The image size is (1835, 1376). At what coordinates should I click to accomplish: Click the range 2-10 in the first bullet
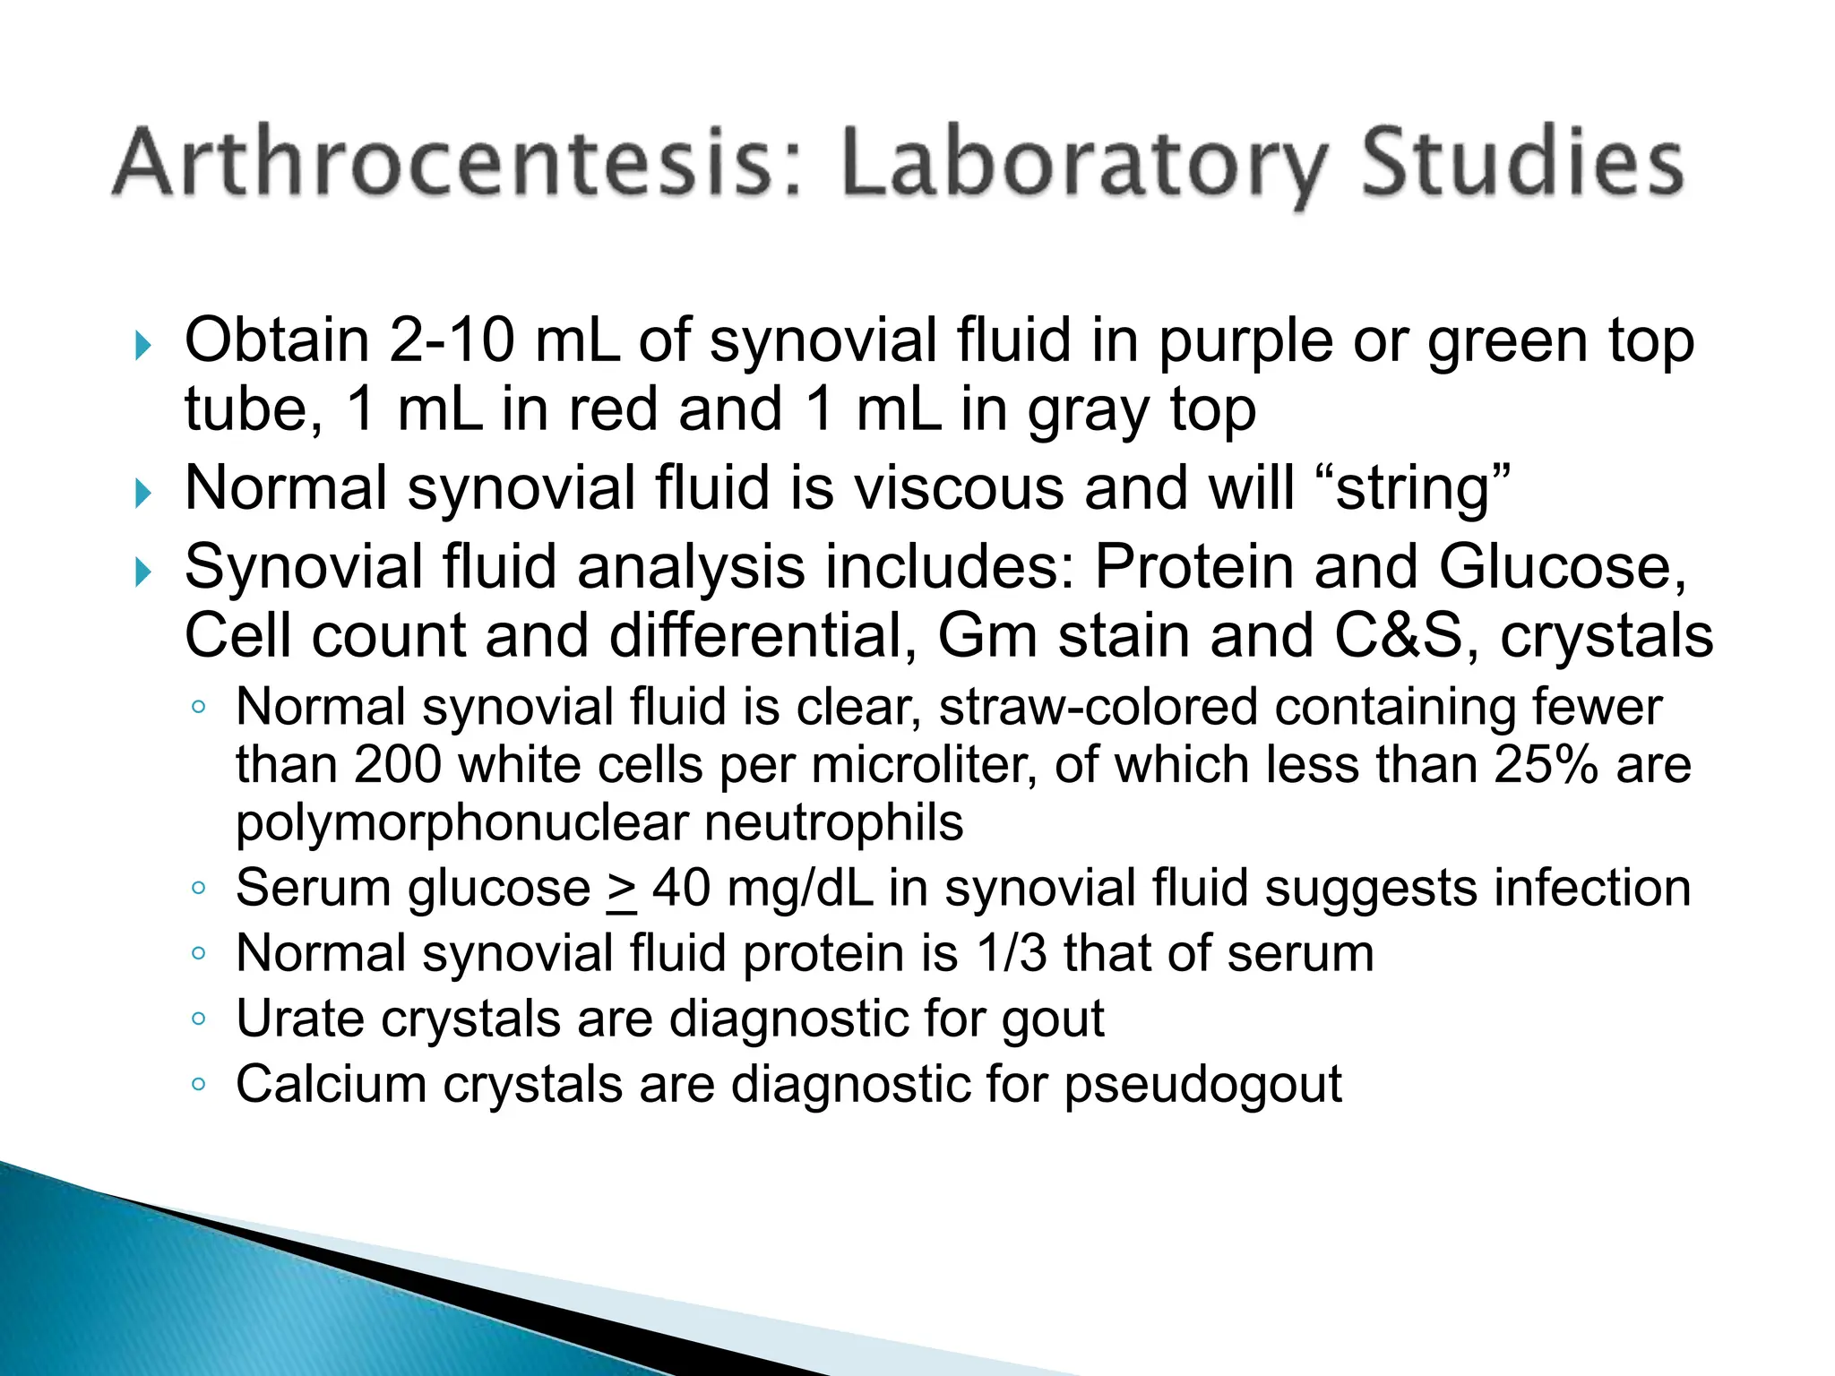pyautogui.click(x=452, y=341)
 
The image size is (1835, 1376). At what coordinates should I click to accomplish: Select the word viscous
pyautogui.click(x=960, y=489)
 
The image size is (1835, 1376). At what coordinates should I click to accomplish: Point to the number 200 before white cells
pyautogui.click(x=397, y=765)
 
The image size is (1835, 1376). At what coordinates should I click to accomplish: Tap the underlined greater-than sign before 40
pyautogui.click(x=621, y=890)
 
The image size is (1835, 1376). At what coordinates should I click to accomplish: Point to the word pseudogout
pyautogui.click(x=1202, y=1086)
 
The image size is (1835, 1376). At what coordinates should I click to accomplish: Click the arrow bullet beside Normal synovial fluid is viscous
pyautogui.click(x=142, y=493)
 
